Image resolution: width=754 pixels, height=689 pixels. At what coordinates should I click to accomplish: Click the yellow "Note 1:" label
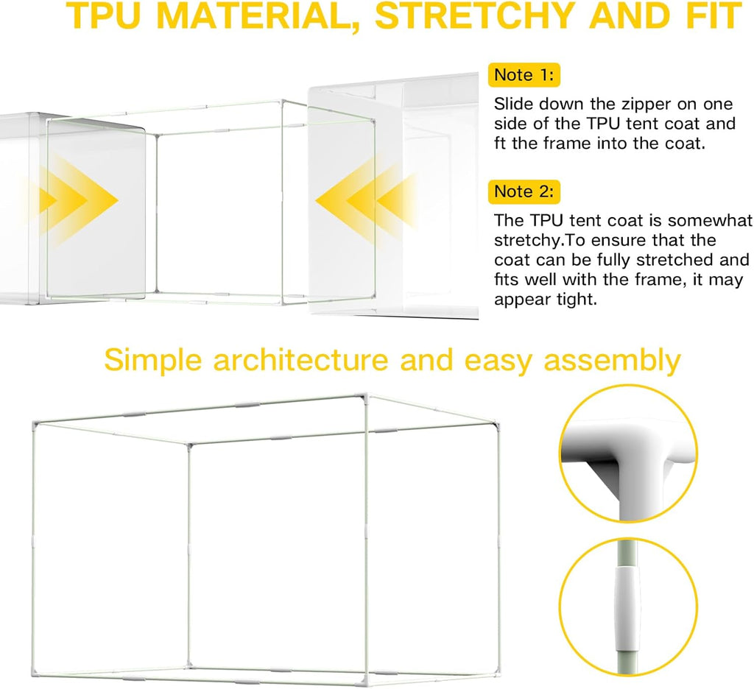524,74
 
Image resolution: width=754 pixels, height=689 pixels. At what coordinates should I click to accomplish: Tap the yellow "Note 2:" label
524,191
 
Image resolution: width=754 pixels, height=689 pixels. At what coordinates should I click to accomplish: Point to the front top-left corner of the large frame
34,423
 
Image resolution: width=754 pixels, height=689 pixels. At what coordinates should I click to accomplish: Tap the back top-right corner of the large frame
494,423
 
